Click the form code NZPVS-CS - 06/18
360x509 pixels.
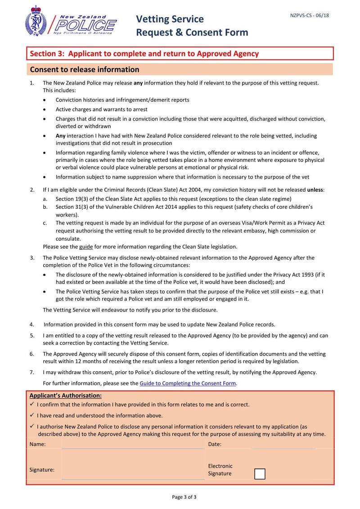pyautogui.click(x=310, y=15)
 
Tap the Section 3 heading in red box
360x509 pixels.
pyautogui.click(x=144, y=54)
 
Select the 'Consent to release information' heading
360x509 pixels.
pyautogui.click(x=85, y=69)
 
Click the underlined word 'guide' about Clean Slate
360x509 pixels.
pyautogui.click(x=85, y=247)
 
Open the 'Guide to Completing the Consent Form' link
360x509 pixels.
pyautogui.click(x=188, y=383)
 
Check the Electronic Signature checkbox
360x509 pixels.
pyautogui.click(x=260, y=474)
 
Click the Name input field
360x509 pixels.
pyautogui.click(x=133, y=444)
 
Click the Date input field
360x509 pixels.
pyautogui.click(x=283, y=444)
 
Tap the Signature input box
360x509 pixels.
pyautogui.click(x=133, y=465)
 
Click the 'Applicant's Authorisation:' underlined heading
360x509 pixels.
pyautogui.click(x=66, y=396)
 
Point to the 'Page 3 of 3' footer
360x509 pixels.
pyautogui.click(x=184, y=497)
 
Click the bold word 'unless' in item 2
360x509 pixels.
pyautogui.click(x=315, y=190)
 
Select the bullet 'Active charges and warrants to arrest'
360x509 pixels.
pyautogui.click(x=101, y=109)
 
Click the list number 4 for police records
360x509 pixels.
pyautogui.click(x=32, y=324)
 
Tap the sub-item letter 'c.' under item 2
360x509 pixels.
pyautogui.click(x=45, y=223)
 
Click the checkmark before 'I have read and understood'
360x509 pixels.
pyautogui.click(x=32, y=415)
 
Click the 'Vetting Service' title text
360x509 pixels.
pyautogui.click(x=170, y=19)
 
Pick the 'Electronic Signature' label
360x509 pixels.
pyautogui.click(x=220, y=469)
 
